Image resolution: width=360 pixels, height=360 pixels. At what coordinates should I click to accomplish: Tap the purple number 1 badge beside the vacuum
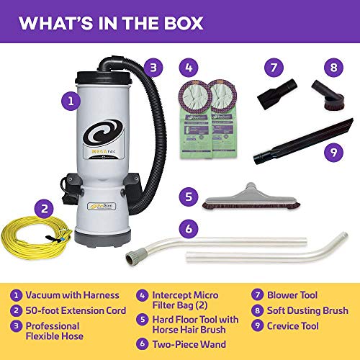(69, 102)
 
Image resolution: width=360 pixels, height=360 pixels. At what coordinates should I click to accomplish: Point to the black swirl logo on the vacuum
(109, 136)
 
